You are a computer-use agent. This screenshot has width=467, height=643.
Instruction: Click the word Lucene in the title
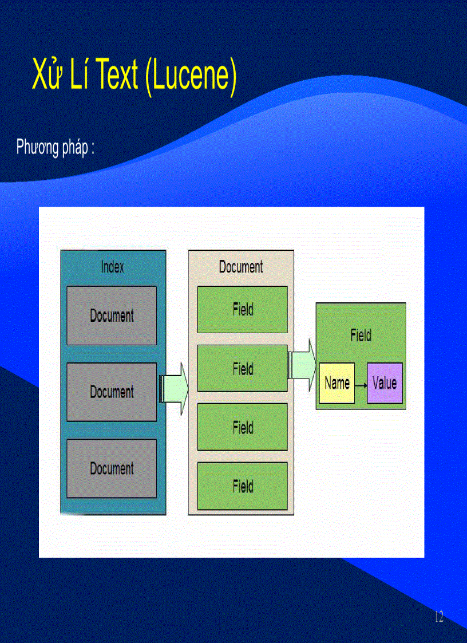[191, 76]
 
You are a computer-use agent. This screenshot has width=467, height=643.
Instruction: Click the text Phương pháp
[52, 148]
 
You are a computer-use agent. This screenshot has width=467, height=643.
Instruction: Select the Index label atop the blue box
[112, 267]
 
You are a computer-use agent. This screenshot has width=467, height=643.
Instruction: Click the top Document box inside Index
[112, 315]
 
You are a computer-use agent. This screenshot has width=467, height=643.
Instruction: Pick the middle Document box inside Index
[112, 392]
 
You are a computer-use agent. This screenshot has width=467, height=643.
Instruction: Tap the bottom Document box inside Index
[112, 468]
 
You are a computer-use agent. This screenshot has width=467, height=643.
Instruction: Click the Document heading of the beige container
[241, 266]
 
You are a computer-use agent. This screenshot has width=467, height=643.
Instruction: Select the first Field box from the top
[242, 310]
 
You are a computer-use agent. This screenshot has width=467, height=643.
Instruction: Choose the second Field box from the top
[242, 369]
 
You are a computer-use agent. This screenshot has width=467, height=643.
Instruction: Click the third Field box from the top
[242, 427]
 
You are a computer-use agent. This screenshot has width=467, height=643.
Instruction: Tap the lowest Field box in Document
[242, 486]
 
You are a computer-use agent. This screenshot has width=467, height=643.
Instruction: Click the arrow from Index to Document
[173, 388]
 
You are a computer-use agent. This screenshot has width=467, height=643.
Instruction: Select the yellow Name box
[337, 383]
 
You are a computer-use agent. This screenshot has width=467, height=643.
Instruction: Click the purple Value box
[385, 383]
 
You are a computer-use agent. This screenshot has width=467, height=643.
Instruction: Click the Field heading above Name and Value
[361, 336]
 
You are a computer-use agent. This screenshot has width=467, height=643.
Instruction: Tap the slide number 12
[439, 617]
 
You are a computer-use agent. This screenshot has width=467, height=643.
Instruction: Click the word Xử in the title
[47, 76]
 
